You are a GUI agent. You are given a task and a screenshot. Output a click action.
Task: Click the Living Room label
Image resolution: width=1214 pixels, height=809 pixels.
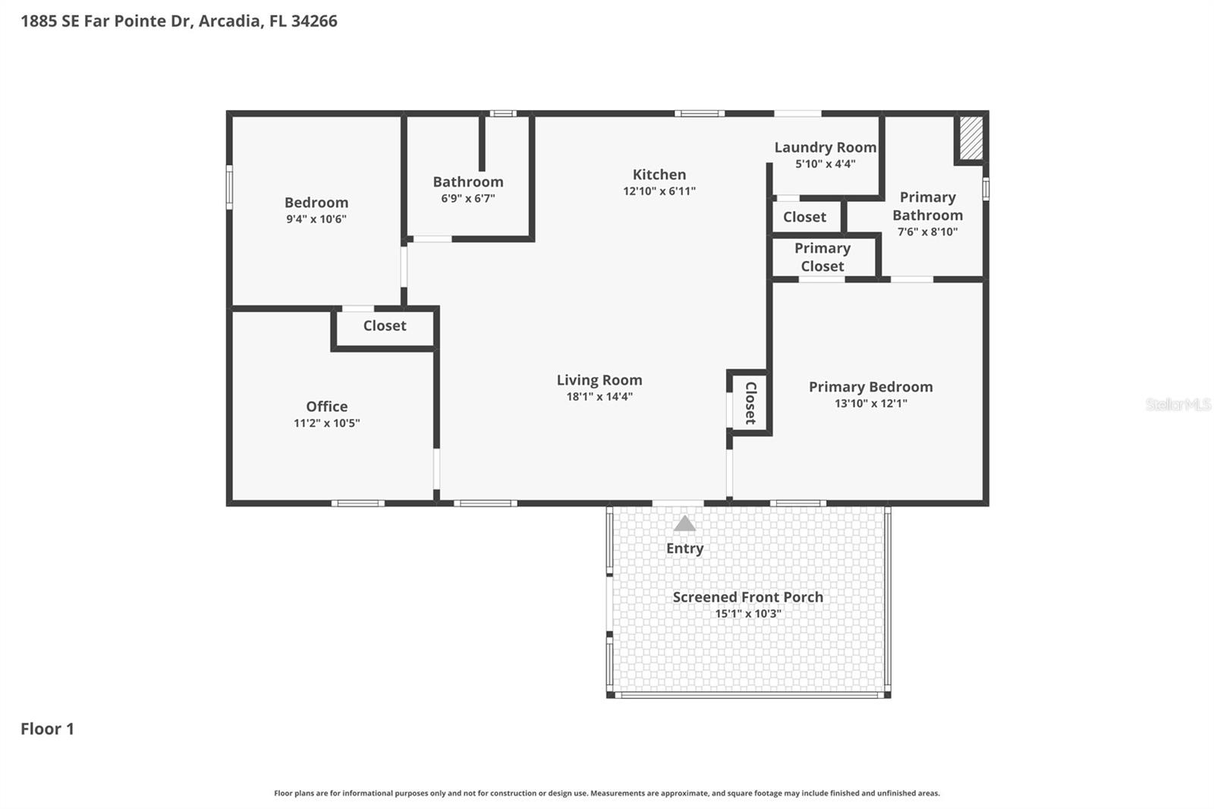point(599,380)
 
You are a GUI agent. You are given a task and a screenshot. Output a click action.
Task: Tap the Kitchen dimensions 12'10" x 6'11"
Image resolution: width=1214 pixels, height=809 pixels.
point(659,191)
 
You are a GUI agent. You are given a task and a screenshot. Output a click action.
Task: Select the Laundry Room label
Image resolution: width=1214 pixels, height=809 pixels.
point(825,147)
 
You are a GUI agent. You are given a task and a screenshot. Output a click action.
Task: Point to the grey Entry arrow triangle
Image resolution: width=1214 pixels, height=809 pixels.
point(684,524)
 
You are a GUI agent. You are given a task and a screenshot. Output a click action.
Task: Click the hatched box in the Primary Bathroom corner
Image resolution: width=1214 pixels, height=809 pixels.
point(970,137)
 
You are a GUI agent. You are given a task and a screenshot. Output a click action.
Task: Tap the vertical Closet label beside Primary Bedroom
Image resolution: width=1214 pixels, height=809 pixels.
point(750,403)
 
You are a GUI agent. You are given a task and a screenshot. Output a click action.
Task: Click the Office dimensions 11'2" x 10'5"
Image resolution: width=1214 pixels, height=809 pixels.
point(326,423)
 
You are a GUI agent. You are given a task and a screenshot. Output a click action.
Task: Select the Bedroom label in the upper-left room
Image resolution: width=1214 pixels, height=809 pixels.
point(316,203)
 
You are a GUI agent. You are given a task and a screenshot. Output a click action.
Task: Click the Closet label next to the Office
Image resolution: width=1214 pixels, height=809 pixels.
point(384,326)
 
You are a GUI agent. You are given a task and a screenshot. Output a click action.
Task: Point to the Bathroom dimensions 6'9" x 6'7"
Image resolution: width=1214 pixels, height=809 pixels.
point(467,199)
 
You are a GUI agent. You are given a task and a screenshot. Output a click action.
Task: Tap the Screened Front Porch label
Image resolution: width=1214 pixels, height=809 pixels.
point(747,597)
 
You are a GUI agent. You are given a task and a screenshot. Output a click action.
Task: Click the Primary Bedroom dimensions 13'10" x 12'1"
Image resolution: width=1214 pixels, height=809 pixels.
point(870,404)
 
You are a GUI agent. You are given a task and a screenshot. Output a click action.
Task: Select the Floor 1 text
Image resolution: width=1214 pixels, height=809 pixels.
point(47,729)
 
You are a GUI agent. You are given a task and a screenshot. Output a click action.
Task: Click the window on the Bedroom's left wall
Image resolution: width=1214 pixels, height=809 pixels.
point(229,187)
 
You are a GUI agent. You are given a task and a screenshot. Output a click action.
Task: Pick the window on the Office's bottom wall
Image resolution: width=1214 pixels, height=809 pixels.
point(357,503)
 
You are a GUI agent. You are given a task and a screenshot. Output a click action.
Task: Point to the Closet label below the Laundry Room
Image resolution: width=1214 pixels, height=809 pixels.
point(804,217)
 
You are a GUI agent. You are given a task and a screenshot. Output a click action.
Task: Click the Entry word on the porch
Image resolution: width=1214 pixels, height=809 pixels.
point(684,549)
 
